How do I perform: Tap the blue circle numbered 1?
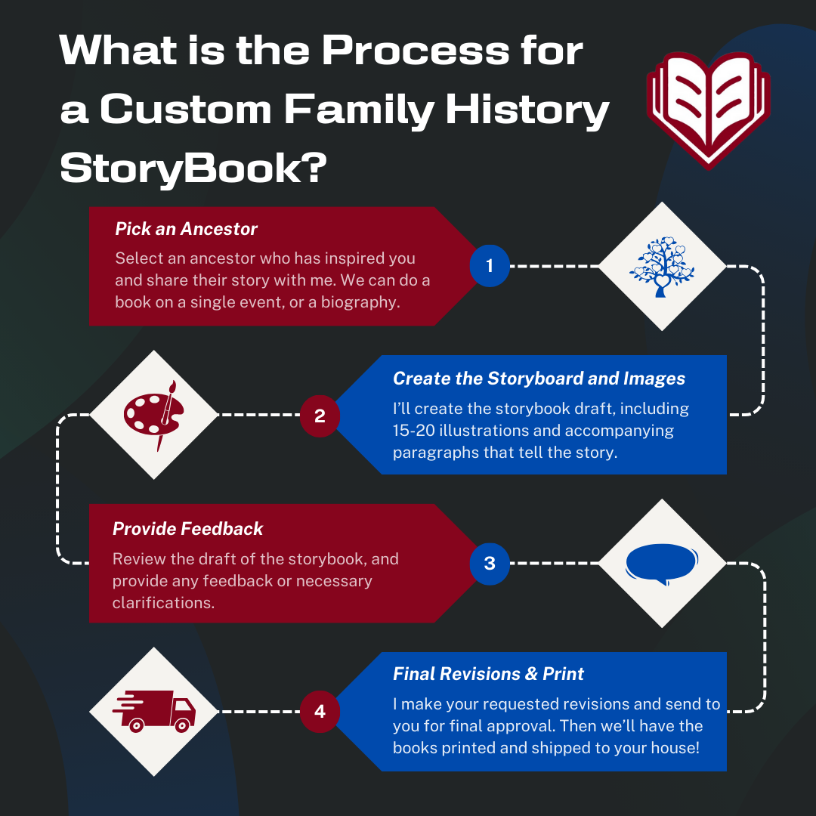[x=489, y=266]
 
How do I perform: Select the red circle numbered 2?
[x=320, y=415]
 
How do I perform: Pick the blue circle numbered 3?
[x=489, y=563]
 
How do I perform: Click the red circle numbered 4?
[x=320, y=711]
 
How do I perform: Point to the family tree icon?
[x=662, y=267]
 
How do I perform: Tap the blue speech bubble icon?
[x=661, y=564]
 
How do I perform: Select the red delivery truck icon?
[x=153, y=711]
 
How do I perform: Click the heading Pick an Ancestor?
[x=186, y=229]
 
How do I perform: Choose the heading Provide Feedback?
[x=187, y=528]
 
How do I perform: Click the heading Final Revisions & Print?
[x=488, y=673]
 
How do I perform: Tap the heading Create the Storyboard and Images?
[x=539, y=378]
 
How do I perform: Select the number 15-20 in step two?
[x=417, y=431]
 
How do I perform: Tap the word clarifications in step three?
[x=162, y=602]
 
